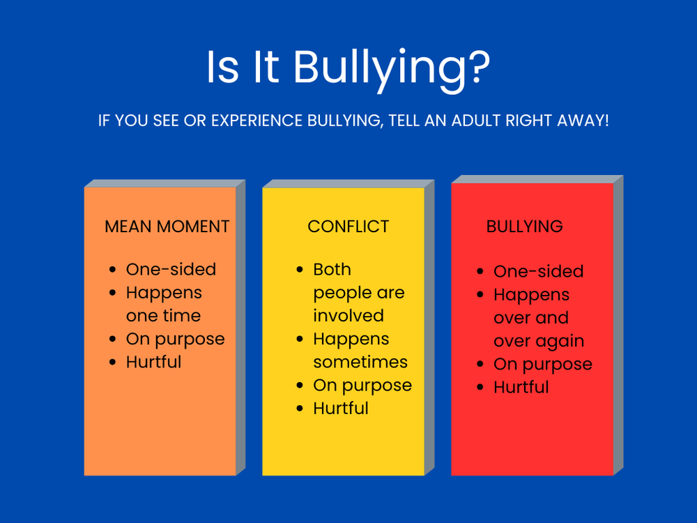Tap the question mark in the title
(475, 67)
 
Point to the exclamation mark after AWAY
(606, 121)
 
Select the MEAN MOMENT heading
(167, 227)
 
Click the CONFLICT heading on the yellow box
(348, 227)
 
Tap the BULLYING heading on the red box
(524, 227)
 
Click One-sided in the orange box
(171, 270)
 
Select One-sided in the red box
(538, 272)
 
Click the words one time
(163, 316)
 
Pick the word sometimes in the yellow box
(360, 363)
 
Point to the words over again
(539, 342)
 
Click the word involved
(348, 316)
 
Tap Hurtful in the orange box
(153, 363)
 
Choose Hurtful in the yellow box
(340, 409)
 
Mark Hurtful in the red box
(521, 388)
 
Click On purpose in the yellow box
(362, 386)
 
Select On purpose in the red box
(542, 365)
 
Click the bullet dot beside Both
(300, 270)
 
